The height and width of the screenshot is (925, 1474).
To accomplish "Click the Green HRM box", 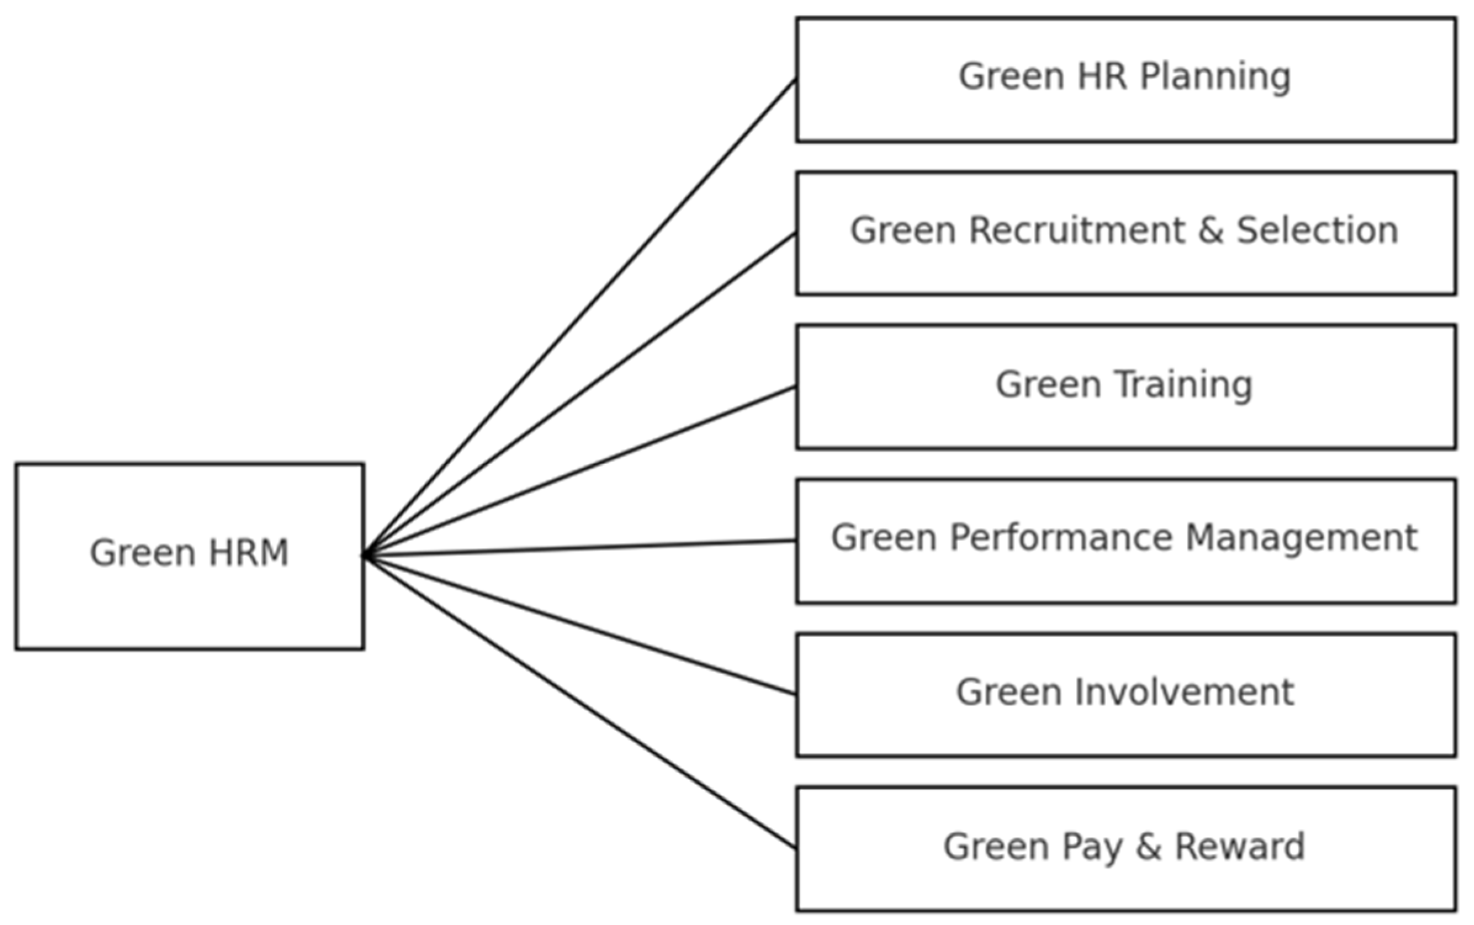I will click(189, 592).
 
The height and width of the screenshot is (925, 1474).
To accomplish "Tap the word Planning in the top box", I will click(1215, 77).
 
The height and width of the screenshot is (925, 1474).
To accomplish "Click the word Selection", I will click(1317, 230).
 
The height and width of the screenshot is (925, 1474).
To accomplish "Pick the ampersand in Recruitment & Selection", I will click(1210, 230).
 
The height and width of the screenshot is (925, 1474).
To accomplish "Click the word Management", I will click(1301, 537).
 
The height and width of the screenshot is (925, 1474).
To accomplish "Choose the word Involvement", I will click(1185, 692).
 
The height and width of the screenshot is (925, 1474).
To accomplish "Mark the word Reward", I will click(1240, 846).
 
